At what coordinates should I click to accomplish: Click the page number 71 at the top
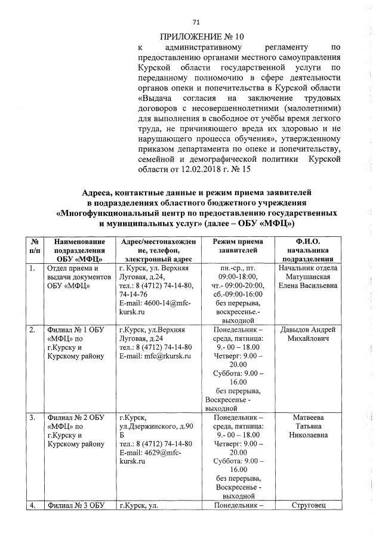pos(195,22)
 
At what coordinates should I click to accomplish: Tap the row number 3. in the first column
pos(33,417)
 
